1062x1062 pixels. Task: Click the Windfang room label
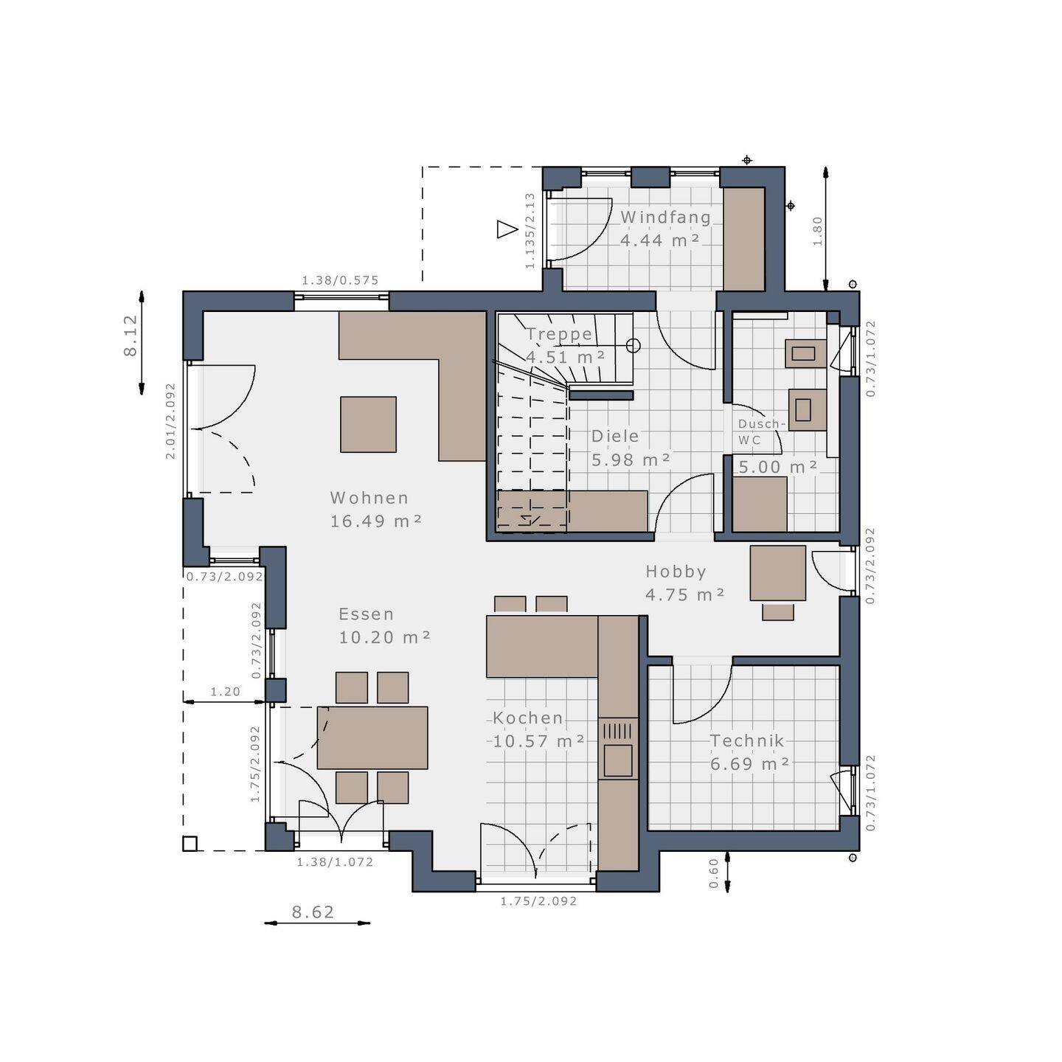click(x=666, y=217)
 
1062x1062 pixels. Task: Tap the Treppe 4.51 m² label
click(x=565, y=345)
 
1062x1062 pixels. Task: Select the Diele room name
click(x=614, y=436)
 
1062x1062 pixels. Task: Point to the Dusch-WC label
click(x=761, y=431)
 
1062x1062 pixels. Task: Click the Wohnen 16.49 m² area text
click(x=376, y=509)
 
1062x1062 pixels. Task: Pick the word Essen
click(x=366, y=614)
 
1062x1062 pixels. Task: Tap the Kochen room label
click(x=527, y=718)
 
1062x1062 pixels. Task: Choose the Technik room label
click(x=746, y=740)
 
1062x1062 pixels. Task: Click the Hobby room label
click(x=676, y=572)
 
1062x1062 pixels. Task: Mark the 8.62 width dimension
click(x=313, y=912)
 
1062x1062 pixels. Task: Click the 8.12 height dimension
click(x=131, y=336)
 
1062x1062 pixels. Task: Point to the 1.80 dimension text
click(x=816, y=231)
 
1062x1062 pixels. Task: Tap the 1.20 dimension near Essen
click(x=226, y=691)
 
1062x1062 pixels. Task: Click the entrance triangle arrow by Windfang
click(x=507, y=229)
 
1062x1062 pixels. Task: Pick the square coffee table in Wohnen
click(x=368, y=424)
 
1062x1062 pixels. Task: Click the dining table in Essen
click(x=372, y=737)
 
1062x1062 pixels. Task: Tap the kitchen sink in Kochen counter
click(x=617, y=760)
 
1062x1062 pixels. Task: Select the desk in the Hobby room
click(x=777, y=572)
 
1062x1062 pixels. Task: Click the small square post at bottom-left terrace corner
click(x=190, y=844)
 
